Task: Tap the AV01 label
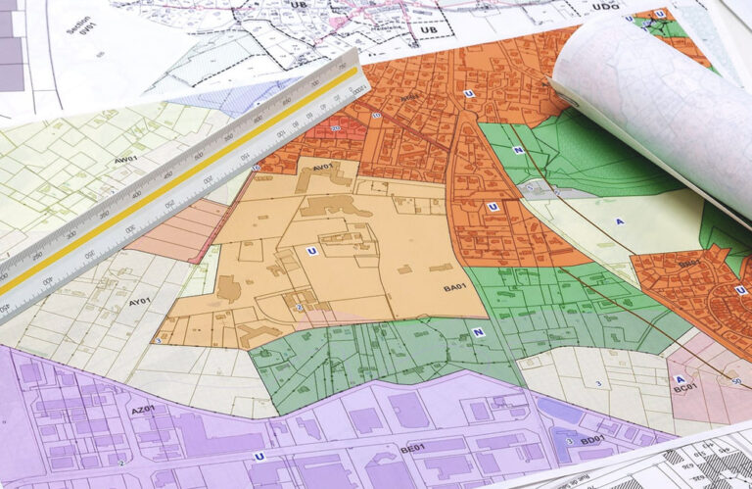(x=324, y=168)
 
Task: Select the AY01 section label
(x=139, y=302)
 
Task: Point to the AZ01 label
(x=143, y=409)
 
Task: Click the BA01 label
(x=454, y=287)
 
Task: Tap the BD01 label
(x=592, y=440)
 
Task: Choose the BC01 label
(x=684, y=388)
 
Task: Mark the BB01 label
(x=689, y=263)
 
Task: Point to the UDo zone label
(x=606, y=7)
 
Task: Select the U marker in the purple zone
(x=259, y=456)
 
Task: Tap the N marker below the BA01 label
(x=479, y=332)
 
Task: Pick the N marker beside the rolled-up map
(x=518, y=150)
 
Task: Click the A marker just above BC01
(x=680, y=379)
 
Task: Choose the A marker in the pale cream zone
(x=620, y=221)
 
